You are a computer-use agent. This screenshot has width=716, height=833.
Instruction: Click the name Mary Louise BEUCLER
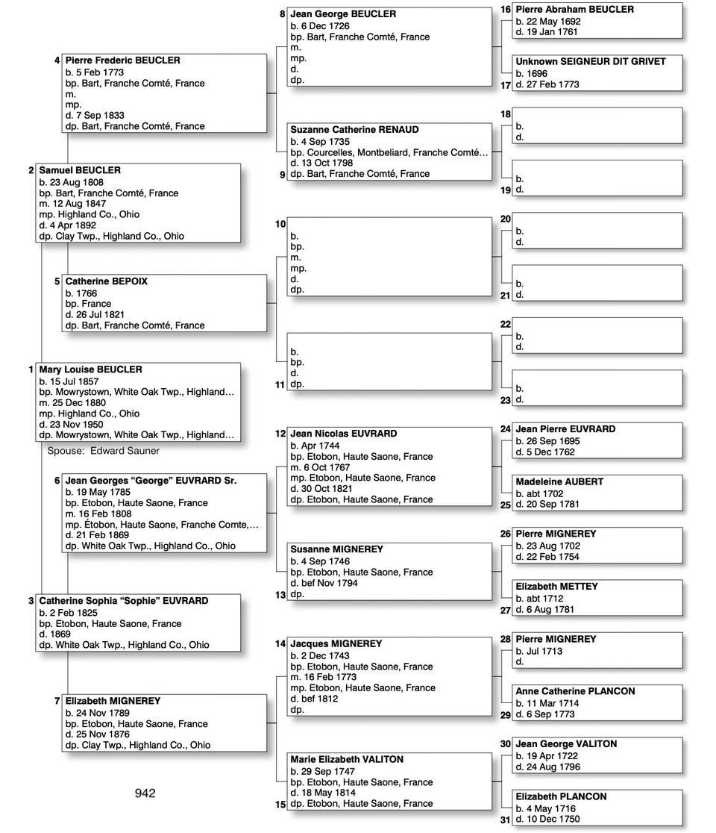(90, 369)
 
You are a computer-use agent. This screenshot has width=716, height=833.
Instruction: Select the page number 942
(145, 793)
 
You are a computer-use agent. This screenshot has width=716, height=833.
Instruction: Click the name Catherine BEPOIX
(106, 281)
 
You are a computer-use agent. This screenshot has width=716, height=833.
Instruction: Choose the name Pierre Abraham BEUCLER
(574, 10)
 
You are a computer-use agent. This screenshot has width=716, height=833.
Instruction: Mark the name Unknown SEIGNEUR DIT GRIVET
(591, 62)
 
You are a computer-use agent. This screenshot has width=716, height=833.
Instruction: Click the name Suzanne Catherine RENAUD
(354, 130)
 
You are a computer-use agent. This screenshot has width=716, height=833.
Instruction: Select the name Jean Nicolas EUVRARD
(343, 434)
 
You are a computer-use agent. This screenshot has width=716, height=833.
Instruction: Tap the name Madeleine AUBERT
(559, 482)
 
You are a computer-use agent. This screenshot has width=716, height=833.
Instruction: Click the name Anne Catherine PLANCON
(575, 691)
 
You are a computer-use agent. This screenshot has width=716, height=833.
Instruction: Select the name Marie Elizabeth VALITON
(347, 759)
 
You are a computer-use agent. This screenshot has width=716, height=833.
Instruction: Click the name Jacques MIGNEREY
(336, 643)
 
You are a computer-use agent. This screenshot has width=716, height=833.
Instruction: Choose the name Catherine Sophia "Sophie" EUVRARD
(124, 601)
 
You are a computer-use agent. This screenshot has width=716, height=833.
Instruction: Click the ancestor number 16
(506, 10)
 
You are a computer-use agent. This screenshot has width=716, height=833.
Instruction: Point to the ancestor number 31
(506, 820)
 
